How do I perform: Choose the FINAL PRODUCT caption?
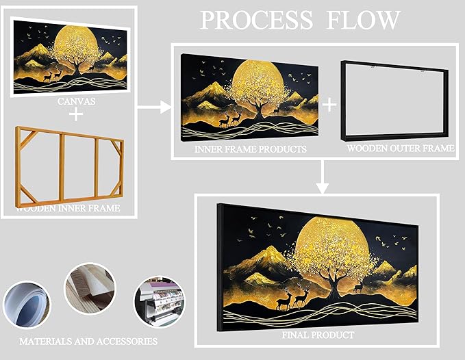pos(317,335)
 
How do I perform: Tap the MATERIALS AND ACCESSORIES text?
pos(88,341)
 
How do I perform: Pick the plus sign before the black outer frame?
pos(329,104)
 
